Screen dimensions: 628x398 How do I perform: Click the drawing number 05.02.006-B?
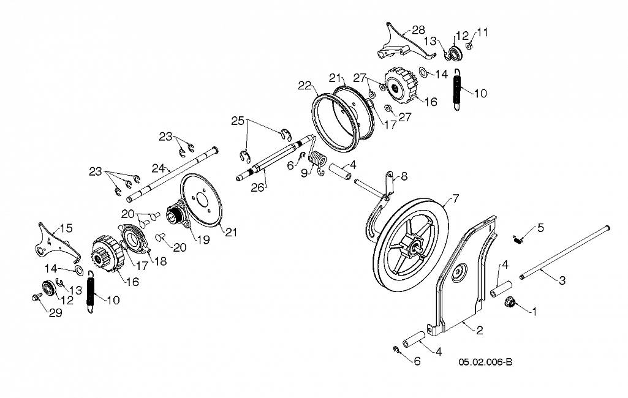point(485,362)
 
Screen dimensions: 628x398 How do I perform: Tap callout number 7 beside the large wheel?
point(455,198)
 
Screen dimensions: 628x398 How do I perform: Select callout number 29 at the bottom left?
point(56,313)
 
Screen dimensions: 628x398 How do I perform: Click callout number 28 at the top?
point(418,30)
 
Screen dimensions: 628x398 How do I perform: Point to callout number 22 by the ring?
point(305,85)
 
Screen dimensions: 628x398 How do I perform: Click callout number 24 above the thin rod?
point(158,168)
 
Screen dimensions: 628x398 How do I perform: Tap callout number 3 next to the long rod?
point(562,280)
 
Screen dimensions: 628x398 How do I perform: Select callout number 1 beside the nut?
point(534,311)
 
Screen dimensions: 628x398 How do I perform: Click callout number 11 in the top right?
point(483,32)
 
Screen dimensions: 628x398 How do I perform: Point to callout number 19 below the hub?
point(203,239)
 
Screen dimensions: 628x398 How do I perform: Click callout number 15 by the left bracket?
point(66,228)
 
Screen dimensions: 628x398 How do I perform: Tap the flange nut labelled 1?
point(510,301)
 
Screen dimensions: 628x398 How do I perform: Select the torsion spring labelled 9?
point(319,160)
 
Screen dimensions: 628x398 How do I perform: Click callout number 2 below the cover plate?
point(479,330)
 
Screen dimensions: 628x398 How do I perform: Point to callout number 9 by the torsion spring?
point(305,173)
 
